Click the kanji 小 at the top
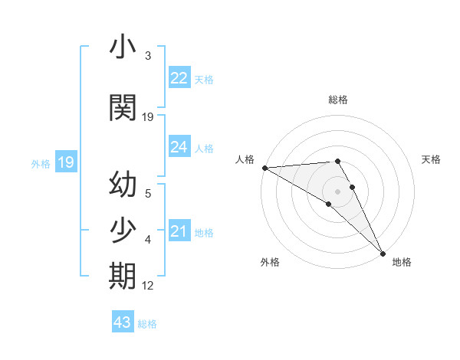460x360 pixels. coord(123,48)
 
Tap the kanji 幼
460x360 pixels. coord(123,186)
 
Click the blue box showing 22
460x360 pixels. coord(179,78)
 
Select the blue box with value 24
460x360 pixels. coord(179,146)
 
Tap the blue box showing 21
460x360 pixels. coord(179,231)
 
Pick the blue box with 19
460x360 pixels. coord(65,162)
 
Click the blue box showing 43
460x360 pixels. coord(123,322)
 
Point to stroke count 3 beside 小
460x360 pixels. coord(147,56)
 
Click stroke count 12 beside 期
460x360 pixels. coord(148,286)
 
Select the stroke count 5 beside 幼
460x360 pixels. coord(147,194)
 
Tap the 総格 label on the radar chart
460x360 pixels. coord(338,100)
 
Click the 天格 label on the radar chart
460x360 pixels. coord(432,159)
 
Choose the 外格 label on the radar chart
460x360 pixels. coord(270,262)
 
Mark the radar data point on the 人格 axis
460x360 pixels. coord(264,167)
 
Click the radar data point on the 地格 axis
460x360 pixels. coord(383,253)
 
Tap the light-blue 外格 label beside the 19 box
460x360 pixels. coord(40,163)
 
